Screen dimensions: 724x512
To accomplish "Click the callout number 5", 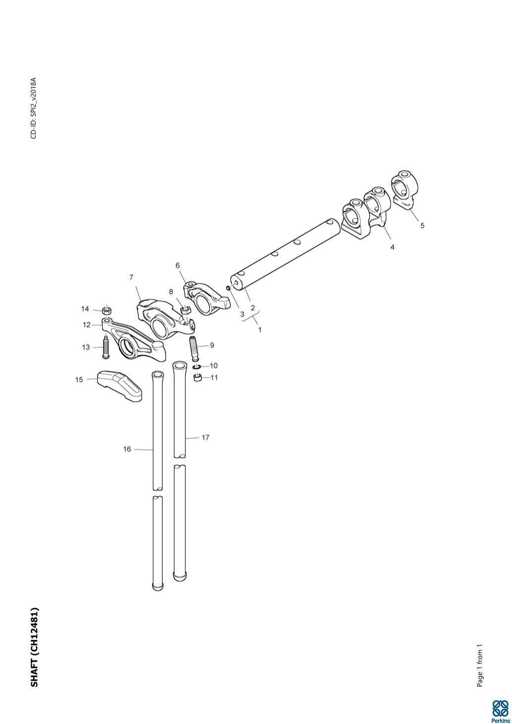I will point(422,225).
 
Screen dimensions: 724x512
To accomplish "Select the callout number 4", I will point(392,247).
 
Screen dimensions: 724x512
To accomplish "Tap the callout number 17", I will point(205,438).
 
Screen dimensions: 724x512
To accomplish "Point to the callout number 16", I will point(127,449).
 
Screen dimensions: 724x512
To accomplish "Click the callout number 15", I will point(79,380).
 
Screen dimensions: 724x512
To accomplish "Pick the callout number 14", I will point(85,309).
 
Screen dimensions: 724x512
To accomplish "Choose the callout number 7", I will point(131,277).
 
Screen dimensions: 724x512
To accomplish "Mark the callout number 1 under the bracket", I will point(260,329).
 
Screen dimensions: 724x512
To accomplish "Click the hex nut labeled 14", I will point(106,311).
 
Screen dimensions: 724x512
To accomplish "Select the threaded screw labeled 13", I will point(106,347).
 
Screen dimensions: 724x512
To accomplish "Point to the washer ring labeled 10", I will point(197,367).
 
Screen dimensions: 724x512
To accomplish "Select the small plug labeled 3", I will point(228,287).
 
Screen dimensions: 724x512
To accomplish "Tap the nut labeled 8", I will point(185,311).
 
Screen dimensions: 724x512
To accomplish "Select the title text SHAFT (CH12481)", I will point(35,647).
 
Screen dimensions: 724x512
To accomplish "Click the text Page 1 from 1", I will point(480,666).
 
